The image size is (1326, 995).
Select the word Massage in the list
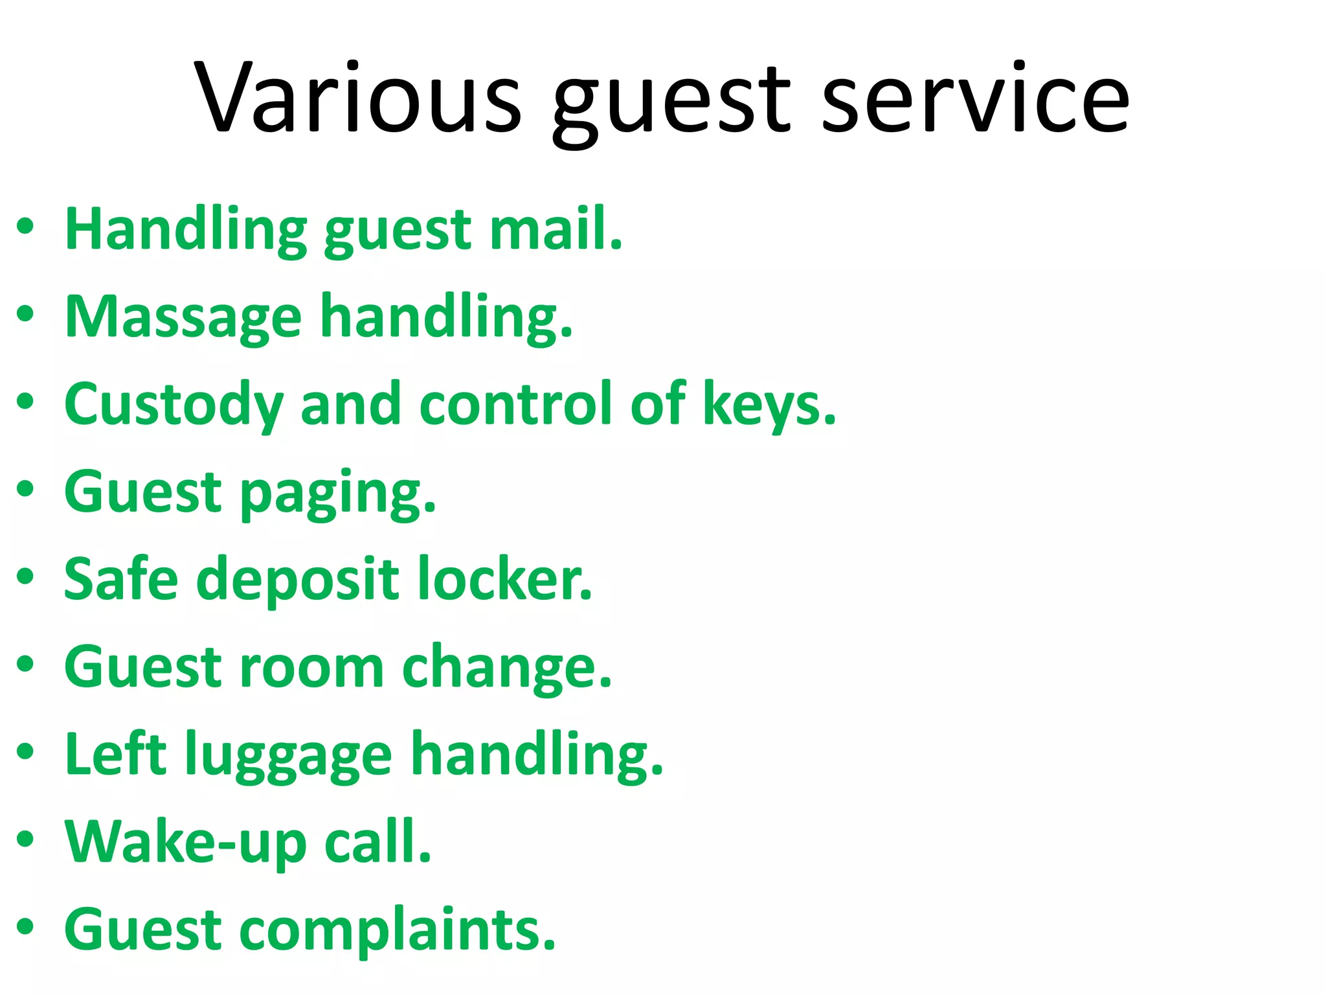[x=183, y=317]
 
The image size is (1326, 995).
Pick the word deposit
[x=298, y=580]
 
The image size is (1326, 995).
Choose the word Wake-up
[x=185, y=843]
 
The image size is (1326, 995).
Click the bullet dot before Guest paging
[x=25, y=489]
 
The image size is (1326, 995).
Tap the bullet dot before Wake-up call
[x=25, y=840]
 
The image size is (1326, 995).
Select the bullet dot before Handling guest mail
[x=25, y=226]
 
